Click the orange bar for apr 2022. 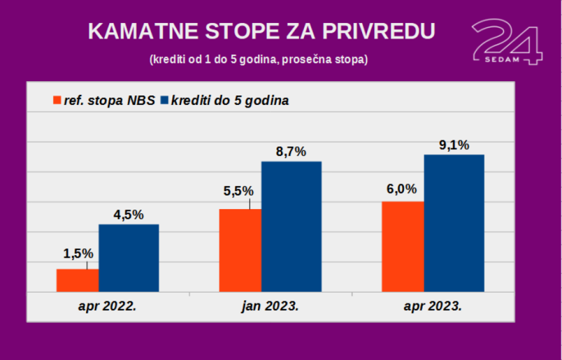pos(77,280)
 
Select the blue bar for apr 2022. pos(129,258)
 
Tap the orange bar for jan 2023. pos(240,250)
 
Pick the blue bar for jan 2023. pos(291,226)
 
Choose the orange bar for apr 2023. pos(403,246)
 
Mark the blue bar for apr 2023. pos(454,223)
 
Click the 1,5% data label pos(78,253)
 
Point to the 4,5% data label pos(129,215)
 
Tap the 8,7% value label pos(291,152)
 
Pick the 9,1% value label pos(454,145)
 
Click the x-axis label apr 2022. pos(107,306)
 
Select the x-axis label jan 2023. pos(270,306)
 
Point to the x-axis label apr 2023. pos(433,306)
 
